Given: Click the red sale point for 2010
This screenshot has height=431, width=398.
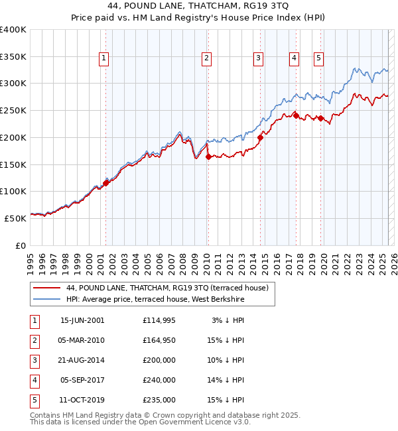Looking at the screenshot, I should point(208,157).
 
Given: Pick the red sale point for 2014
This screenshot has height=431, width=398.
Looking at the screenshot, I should point(261,138).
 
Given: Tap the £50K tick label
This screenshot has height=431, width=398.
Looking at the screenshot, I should point(16,218).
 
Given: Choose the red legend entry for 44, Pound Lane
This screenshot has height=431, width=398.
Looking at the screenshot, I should point(166,288).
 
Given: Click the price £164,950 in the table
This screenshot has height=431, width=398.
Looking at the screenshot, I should point(159,340).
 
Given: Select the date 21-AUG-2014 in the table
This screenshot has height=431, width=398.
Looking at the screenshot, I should point(82,360).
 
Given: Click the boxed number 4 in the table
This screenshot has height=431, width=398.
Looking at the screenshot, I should point(34,380).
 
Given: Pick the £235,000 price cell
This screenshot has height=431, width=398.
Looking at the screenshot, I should point(159,400).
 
